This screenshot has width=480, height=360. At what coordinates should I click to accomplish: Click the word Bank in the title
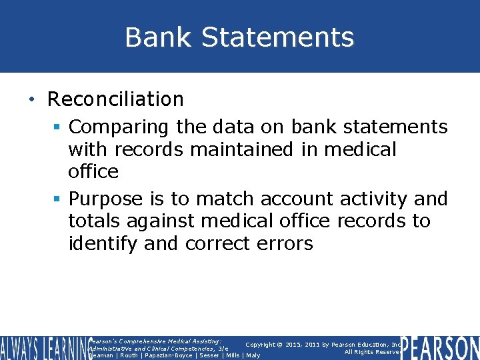point(153,37)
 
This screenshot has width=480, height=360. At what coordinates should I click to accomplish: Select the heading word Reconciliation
point(115,99)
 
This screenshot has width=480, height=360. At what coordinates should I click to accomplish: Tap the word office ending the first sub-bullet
point(93,171)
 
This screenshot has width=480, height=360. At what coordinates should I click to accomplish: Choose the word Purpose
point(106,199)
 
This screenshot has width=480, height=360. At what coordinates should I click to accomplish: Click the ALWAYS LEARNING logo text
point(43,348)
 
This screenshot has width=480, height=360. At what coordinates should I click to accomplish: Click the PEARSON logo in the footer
point(440,348)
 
